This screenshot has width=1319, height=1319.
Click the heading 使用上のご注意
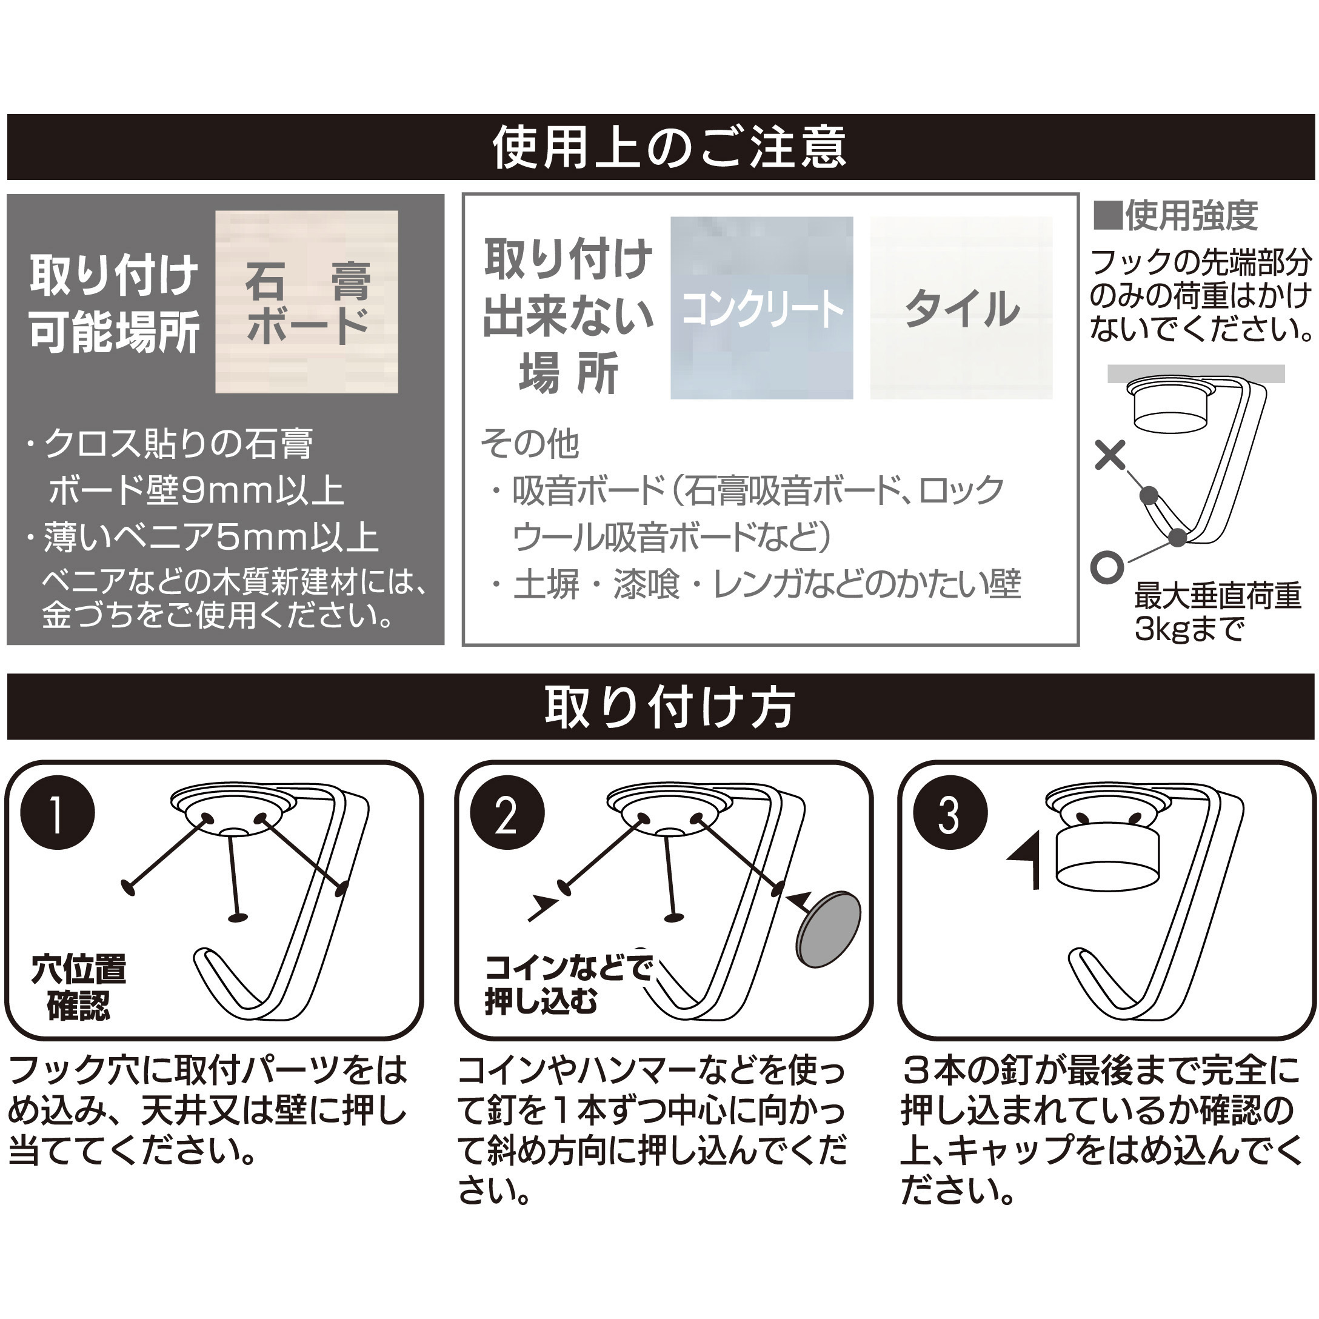(669, 147)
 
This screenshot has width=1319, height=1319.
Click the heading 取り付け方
(669, 707)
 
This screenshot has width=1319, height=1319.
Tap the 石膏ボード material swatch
(307, 301)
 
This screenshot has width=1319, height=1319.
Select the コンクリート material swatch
(761, 307)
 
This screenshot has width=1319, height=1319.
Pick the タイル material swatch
(961, 307)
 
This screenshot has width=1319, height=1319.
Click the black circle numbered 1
(58, 812)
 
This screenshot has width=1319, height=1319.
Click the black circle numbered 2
(507, 812)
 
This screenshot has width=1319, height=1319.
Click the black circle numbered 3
(950, 812)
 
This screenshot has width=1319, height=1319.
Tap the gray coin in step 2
(828, 929)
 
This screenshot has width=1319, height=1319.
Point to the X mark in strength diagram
(1109, 455)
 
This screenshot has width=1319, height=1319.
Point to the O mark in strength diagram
(1107, 567)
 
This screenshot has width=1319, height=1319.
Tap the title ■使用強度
(1175, 216)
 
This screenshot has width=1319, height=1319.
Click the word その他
(530, 444)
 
